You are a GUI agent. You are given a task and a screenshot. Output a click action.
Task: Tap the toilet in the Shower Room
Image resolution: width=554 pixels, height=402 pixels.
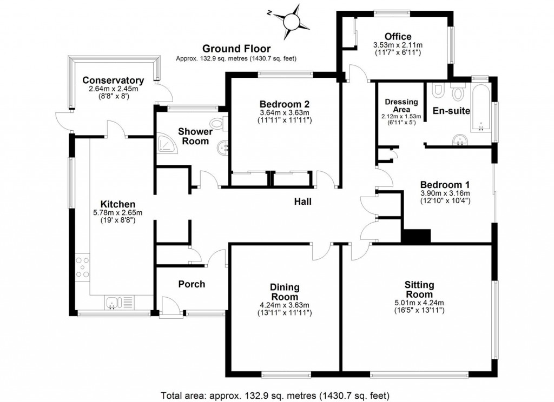tap(220, 123)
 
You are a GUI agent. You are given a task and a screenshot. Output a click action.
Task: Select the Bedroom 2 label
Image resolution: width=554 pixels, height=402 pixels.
tap(283, 104)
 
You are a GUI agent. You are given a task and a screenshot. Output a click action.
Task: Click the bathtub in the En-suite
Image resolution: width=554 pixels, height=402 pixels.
tap(480, 105)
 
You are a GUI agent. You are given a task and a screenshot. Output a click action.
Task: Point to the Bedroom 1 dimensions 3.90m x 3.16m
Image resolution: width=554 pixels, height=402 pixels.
tap(445, 193)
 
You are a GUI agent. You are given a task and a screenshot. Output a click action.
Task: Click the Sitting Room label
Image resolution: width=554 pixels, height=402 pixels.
tap(419, 290)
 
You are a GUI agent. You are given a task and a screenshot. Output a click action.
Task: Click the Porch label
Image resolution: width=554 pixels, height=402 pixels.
tap(192, 284)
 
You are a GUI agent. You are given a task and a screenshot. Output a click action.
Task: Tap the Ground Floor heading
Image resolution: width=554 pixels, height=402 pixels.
tap(236, 49)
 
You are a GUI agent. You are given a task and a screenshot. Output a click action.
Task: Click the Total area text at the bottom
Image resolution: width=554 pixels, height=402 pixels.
tap(275, 394)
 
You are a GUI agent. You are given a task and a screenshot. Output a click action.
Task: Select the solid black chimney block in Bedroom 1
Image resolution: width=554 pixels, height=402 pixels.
tap(415, 236)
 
